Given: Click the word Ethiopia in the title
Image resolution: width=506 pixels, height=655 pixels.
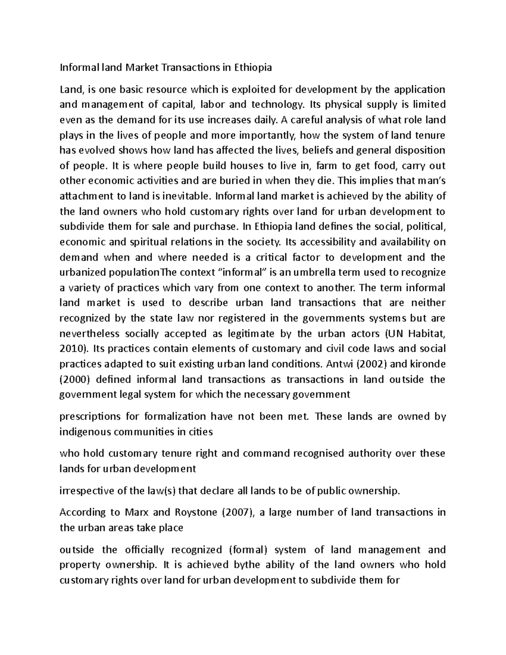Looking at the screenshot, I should point(253,67).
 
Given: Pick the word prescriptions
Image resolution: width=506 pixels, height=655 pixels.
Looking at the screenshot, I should point(90,417).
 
